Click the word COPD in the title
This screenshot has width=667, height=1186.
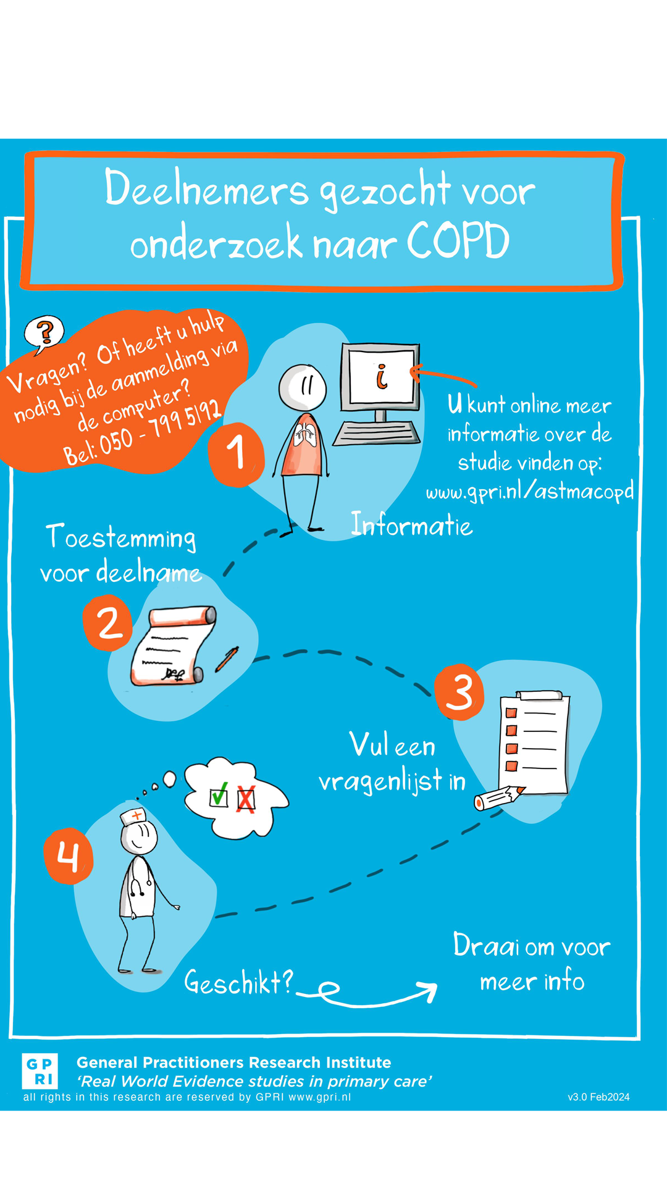tap(458, 242)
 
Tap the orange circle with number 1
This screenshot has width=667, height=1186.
tap(237, 454)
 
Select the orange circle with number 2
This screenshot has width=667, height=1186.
tap(109, 623)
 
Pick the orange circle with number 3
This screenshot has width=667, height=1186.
tap(459, 692)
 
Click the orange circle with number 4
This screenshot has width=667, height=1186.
tap(68, 856)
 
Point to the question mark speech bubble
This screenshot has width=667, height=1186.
tap(44, 334)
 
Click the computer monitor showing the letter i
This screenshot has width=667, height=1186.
tap(380, 378)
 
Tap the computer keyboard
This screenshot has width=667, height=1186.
tap(377, 433)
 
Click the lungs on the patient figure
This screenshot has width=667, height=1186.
tap(305, 435)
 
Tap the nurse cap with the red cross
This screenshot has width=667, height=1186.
tap(133, 817)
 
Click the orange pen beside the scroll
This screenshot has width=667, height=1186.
tap(227, 660)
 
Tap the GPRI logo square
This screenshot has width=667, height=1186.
tap(40, 1071)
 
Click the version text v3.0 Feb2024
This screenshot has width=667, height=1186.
tap(598, 1097)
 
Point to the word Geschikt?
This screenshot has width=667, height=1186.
tap(239, 982)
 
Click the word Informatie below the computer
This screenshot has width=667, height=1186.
tap(412, 525)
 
